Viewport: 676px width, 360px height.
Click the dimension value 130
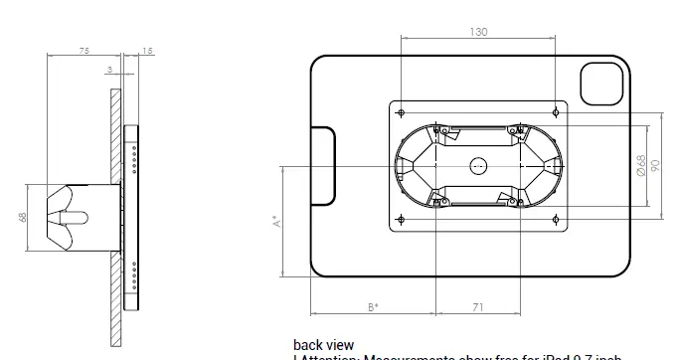[478, 32]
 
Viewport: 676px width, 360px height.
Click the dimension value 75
[84, 50]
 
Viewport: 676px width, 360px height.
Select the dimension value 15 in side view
[148, 50]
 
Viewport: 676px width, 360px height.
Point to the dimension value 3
[108, 69]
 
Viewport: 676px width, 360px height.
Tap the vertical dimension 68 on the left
[22, 216]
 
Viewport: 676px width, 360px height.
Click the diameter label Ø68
[642, 165]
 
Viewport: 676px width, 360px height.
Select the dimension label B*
[373, 307]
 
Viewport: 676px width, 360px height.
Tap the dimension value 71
[478, 307]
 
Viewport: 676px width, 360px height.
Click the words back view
[323, 345]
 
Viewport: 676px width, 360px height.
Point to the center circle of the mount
[478, 165]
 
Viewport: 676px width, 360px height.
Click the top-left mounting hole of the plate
[401, 111]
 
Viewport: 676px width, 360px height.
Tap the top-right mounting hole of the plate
[556, 111]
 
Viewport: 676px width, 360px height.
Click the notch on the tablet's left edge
[323, 165]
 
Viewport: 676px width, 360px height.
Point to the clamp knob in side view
[70, 216]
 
